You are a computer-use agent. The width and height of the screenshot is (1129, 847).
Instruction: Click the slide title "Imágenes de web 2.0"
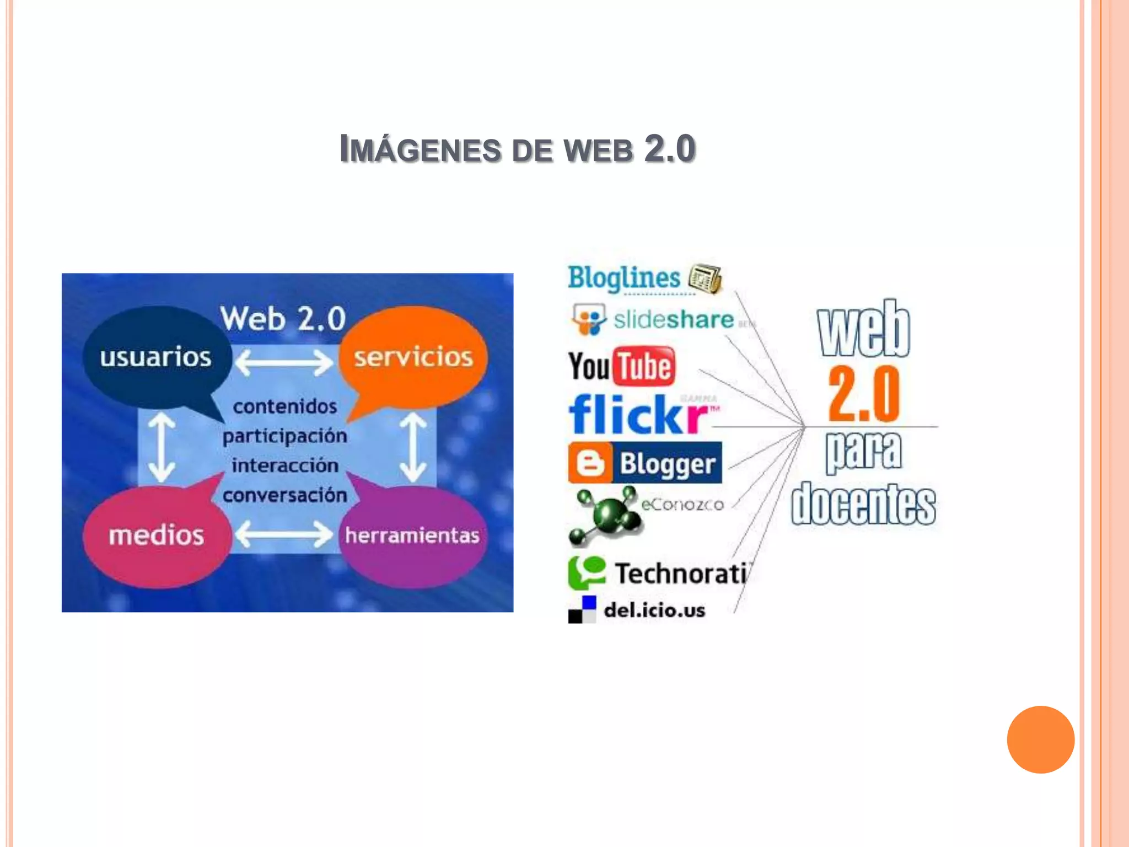click(517, 149)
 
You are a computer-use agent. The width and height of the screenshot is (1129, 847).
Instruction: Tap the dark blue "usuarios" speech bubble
click(155, 357)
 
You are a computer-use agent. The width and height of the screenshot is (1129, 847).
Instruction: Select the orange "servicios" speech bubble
click(413, 357)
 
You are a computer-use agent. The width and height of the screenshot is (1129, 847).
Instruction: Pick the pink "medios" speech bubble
click(157, 535)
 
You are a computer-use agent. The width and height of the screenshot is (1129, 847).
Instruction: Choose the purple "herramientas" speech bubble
click(412, 535)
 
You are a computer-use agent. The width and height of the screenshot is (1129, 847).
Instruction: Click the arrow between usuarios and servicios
click(283, 362)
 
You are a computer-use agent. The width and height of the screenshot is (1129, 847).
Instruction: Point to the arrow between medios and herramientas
click(283, 534)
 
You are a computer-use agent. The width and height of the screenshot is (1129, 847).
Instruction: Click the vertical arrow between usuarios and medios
click(162, 448)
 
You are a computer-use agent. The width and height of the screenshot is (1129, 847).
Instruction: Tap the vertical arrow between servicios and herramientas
click(413, 448)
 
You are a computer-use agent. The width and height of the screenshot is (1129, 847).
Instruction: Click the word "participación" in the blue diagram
click(284, 436)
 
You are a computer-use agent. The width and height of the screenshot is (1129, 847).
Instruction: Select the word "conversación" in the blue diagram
click(284, 495)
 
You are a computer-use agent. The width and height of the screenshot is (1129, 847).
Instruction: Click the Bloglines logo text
click(623, 277)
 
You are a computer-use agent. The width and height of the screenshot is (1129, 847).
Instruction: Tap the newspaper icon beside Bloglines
click(705, 277)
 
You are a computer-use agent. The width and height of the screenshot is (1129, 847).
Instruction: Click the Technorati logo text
click(681, 573)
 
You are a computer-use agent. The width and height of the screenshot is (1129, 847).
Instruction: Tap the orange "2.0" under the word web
click(863, 394)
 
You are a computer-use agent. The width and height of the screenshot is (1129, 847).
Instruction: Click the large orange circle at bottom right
click(1040, 739)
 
